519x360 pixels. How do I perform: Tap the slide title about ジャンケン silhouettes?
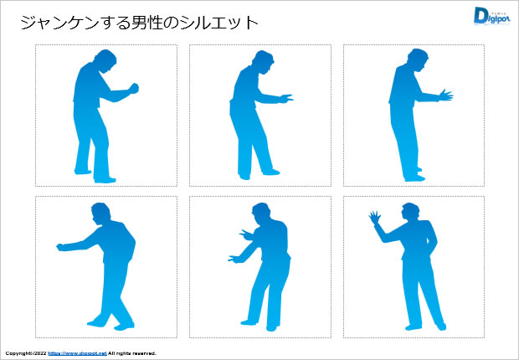138,23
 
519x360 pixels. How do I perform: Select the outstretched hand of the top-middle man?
285,98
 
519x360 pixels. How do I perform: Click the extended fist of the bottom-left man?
61,247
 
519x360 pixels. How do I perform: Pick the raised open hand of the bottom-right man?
374,219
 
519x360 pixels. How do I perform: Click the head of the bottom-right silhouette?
410,213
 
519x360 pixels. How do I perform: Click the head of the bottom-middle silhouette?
260,213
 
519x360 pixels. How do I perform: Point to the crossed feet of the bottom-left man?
109,322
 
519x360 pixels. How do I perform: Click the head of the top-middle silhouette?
260,61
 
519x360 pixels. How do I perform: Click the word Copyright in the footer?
18,353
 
